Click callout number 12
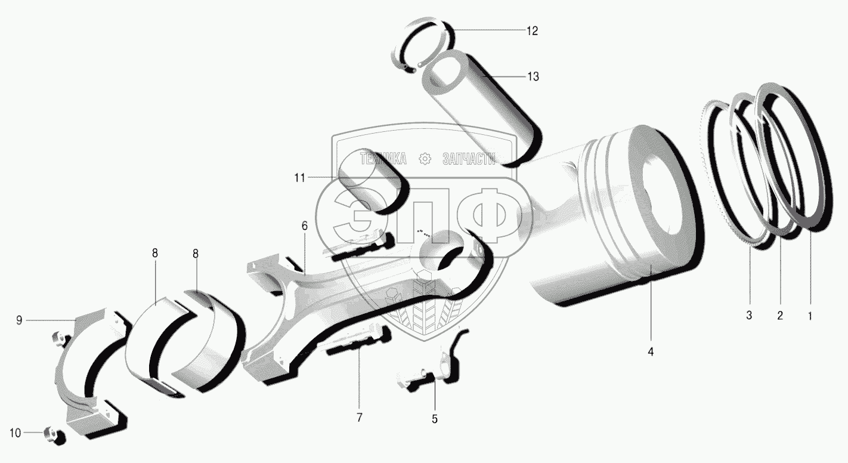(x=533, y=30)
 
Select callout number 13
(x=533, y=76)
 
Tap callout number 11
(x=300, y=178)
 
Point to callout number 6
(x=305, y=226)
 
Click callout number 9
(x=19, y=320)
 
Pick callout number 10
(x=15, y=433)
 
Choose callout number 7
(x=359, y=418)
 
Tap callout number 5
(x=435, y=419)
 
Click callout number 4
(x=651, y=352)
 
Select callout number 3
(x=749, y=315)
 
